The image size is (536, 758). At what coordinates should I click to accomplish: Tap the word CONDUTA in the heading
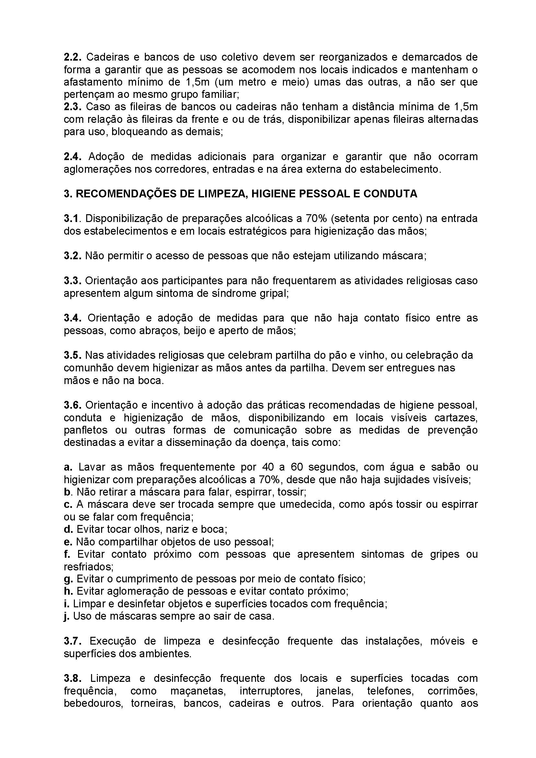coord(390,193)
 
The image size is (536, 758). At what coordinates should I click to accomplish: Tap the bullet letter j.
coord(66,617)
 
